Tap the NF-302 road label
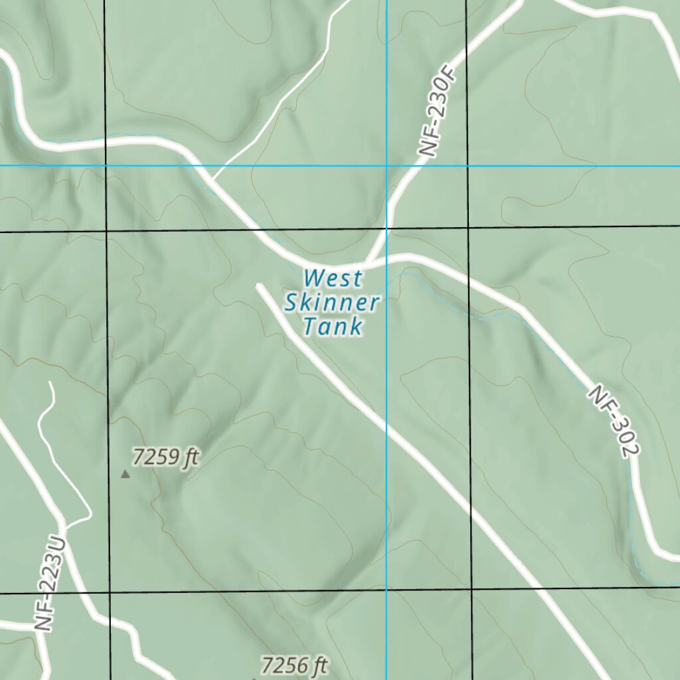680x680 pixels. pyautogui.click(x=613, y=421)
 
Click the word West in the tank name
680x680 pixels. pyautogui.click(x=333, y=278)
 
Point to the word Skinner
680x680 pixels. pyautogui.click(x=332, y=303)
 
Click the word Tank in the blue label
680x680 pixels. pyautogui.click(x=333, y=327)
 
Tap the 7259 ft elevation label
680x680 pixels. pyautogui.click(x=166, y=457)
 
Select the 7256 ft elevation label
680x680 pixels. pyautogui.click(x=295, y=665)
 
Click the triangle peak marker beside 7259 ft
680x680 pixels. pyautogui.click(x=125, y=474)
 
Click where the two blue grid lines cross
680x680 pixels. pyautogui.click(x=387, y=165)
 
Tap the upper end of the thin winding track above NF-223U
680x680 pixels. pyautogui.click(x=50, y=383)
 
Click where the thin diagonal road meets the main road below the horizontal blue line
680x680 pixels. pyautogui.click(x=213, y=179)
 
